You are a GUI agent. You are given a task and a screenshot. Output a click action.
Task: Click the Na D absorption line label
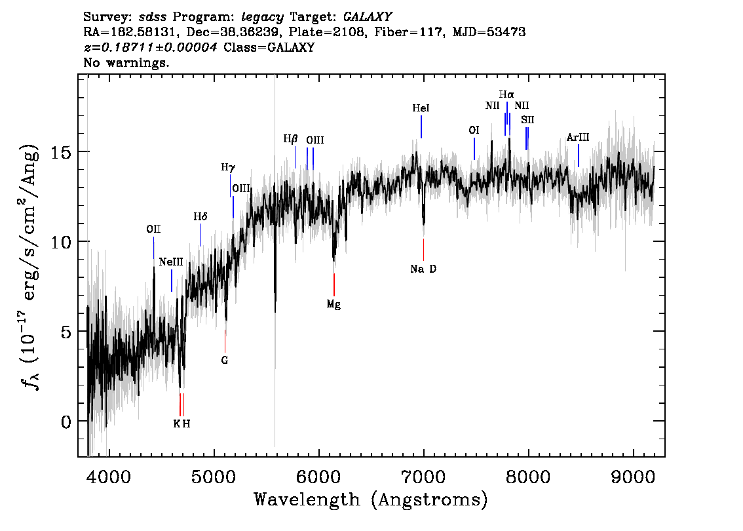click(423, 269)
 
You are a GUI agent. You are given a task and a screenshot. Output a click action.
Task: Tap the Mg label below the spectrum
click(333, 305)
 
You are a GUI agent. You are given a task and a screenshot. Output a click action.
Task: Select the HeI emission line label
click(421, 108)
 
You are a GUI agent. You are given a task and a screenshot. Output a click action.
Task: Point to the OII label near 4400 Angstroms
click(153, 229)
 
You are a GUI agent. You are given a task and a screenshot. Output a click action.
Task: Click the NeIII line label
click(171, 262)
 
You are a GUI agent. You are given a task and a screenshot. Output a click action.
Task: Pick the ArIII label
click(578, 138)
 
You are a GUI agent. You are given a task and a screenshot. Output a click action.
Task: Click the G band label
click(225, 361)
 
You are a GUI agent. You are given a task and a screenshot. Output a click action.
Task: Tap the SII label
click(527, 120)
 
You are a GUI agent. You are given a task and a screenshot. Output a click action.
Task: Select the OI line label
click(474, 130)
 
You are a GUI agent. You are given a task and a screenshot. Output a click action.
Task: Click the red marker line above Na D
click(424, 250)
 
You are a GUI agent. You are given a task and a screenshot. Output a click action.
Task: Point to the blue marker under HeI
click(421, 127)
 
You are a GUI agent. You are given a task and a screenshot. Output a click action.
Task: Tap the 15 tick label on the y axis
click(62, 153)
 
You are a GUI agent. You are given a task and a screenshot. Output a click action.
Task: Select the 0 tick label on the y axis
click(67, 422)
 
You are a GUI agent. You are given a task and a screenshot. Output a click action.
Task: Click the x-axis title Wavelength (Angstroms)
click(371, 500)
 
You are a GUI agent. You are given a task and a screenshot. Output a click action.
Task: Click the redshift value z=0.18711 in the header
click(150, 47)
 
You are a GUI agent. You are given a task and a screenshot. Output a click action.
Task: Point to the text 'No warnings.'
click(126, 62)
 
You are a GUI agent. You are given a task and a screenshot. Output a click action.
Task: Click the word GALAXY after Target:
click(367, 17)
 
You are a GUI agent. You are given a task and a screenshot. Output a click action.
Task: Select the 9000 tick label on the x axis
click(632, 477)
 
